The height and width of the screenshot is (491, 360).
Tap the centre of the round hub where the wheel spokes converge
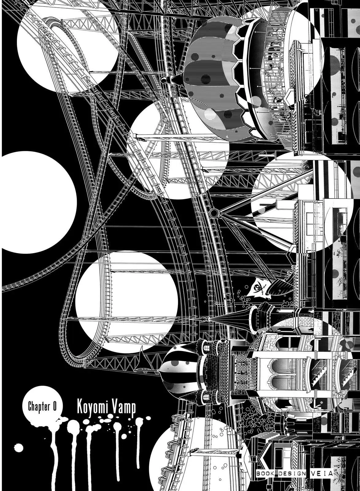[x=213, y=212]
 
